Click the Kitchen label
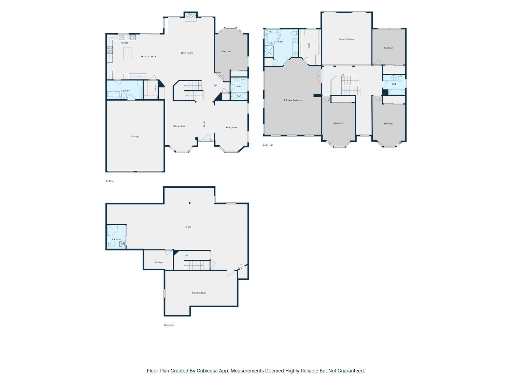coord(124,43)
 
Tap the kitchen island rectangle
coord(127,53)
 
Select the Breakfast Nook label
coord(148,56)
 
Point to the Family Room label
coord(186,53)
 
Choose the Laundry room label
coord(126,91)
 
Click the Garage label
coord(135,137)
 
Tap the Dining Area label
coord(179,126)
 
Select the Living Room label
coord(231,128)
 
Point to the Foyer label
coord(204,124)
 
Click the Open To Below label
coord(346,39)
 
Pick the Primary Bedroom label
coord(293,100)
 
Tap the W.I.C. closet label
coord(309,45)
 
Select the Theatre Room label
coord(199,293)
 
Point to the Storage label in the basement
coord(158,262)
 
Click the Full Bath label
coord(116,240)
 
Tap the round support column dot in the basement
coord(190,203)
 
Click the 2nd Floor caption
coord(268,145)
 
